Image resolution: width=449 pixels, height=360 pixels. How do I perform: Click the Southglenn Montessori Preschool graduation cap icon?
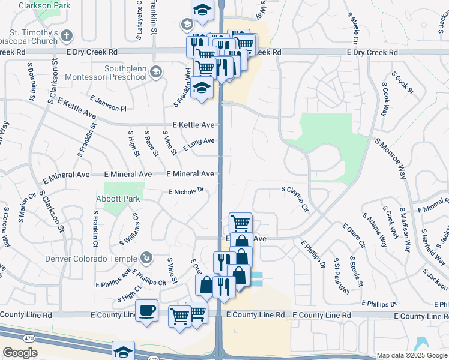(155, 73)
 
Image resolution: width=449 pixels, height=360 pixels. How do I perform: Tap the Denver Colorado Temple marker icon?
(145, 259)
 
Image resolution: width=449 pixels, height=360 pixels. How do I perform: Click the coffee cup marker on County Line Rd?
(146, 311)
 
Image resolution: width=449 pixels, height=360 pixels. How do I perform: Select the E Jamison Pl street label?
(108, 103)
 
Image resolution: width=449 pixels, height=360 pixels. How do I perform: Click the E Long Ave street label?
(199, 145)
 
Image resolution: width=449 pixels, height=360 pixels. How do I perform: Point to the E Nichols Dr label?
(187, 191)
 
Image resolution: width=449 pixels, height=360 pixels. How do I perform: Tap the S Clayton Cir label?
(295, 200)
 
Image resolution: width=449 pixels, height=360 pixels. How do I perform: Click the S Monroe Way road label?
(391, 158)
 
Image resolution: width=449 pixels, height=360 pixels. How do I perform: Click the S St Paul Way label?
(342, 276)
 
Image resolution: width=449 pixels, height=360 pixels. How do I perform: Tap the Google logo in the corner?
(20, 353)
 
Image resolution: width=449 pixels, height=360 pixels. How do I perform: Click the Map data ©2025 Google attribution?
(412, 355)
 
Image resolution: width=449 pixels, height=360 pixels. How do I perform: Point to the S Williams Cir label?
(128, 230)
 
